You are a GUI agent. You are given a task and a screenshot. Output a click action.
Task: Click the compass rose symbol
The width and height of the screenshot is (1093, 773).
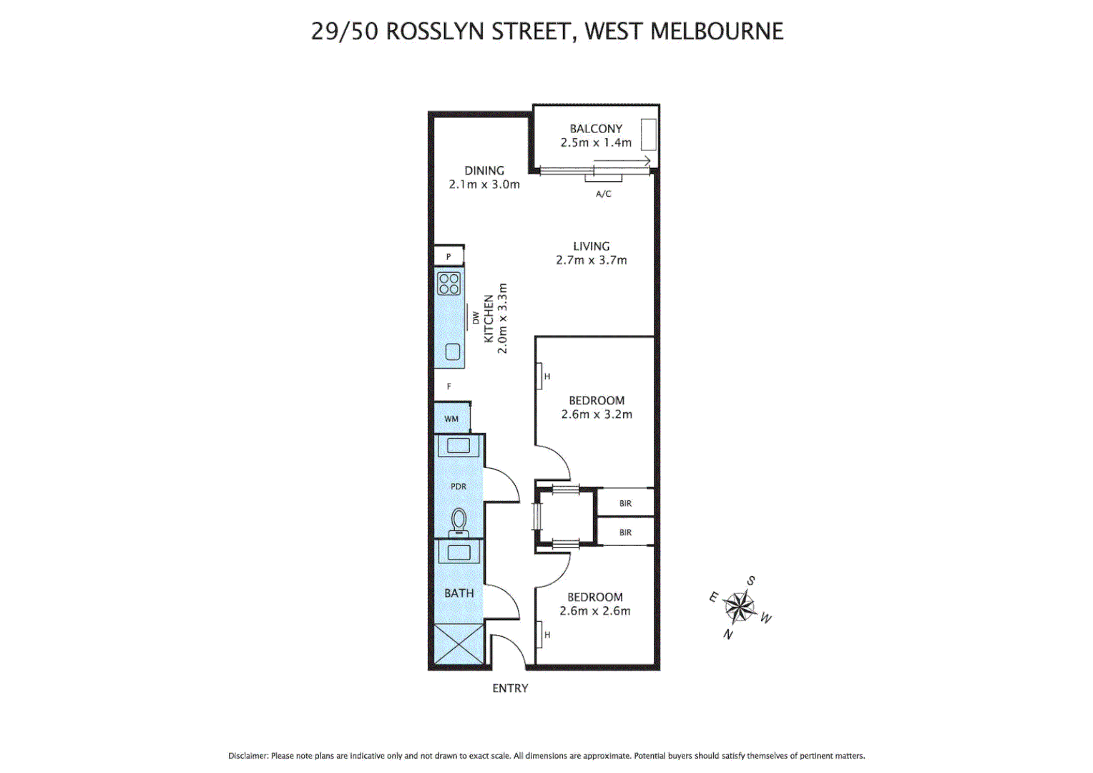pos(740,608)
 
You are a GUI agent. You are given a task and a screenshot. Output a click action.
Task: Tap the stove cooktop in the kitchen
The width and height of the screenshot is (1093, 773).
pos(449,284)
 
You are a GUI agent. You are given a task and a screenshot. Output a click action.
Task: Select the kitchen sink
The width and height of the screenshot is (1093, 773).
pos(452,351)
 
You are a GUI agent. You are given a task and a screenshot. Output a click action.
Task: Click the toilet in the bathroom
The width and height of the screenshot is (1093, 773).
pos(459,522)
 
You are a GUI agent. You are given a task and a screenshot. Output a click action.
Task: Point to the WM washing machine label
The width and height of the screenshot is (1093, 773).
pos(451,419)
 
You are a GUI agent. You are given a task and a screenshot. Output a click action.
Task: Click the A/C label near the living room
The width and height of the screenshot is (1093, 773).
pos(603,194)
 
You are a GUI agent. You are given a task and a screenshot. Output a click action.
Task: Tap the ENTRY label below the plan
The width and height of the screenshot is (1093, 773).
pos(510,688)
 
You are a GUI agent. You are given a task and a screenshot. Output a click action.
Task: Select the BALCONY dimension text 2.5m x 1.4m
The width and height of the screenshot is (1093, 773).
pos(596,142)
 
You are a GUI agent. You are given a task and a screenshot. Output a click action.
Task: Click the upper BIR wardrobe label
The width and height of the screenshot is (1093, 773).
pos(625,503)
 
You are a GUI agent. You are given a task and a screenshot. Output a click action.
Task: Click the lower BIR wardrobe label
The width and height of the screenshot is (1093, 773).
pos(625,533)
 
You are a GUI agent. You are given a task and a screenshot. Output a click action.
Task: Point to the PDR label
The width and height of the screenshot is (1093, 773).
pos(459,486)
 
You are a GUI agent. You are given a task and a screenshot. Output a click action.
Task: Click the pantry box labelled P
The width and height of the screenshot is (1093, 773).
pos(449,256)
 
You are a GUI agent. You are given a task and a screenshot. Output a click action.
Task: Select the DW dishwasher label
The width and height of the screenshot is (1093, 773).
pos(476,318)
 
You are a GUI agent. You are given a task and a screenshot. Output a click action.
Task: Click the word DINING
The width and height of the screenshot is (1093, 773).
pos(484,170)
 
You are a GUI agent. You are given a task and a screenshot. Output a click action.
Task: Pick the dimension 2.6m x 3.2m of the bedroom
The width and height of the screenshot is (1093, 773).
pos(597,414)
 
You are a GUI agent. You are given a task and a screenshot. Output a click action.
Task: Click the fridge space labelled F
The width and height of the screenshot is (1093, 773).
pos(449,386)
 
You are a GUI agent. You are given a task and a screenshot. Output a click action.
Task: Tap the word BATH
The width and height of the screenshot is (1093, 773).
pos(459,593)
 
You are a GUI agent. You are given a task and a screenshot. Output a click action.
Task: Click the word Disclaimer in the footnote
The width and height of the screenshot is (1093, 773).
pos(247,756)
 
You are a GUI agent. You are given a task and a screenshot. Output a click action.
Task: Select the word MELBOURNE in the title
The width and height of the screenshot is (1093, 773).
pos(717,31)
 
